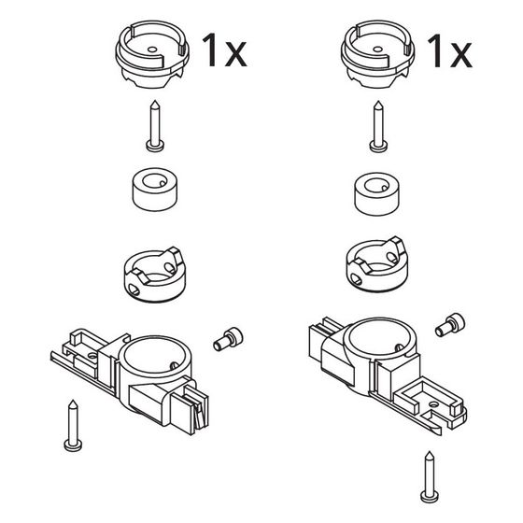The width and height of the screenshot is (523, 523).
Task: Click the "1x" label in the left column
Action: [224, 50]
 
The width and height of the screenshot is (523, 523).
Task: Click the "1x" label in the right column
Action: [449, 51]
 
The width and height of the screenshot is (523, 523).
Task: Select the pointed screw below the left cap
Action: [155, 126]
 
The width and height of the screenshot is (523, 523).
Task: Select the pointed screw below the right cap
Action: [378, 127]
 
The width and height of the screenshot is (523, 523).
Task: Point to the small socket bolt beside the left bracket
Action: [228, 339]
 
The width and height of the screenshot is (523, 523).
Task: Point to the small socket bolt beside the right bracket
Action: [450, 325]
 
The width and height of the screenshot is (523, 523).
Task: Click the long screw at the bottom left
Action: [73, 426]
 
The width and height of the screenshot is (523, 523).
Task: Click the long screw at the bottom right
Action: [430, 477]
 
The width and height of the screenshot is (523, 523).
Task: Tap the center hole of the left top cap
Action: [152, 49]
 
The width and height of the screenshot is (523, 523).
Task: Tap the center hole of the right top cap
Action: [377, 49]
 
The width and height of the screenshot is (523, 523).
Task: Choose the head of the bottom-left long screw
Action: [73, 445]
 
